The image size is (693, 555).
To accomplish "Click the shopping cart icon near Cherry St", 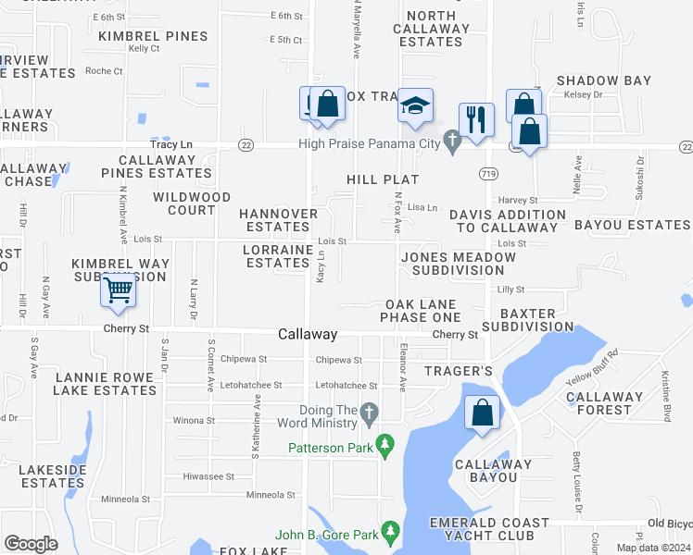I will pos(118,290).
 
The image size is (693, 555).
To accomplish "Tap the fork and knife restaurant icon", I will pos(476,118).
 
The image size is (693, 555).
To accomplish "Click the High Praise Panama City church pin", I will pos(452,142).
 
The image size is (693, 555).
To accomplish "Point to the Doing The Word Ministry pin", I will pos(369,413).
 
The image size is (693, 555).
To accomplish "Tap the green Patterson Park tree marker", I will pos(386,448).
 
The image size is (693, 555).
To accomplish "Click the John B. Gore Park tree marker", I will pos(390,533).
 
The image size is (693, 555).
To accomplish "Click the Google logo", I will pos(31,544).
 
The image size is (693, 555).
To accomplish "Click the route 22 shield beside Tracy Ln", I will pos(246,145).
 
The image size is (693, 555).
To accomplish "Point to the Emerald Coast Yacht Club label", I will pos(488,529).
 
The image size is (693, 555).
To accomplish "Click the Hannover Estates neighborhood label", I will pos(278,220).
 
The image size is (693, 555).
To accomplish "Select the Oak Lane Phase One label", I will pos(421,311).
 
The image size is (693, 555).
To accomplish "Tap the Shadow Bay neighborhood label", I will pos(604,81).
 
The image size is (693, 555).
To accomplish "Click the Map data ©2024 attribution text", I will pos(653,548).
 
